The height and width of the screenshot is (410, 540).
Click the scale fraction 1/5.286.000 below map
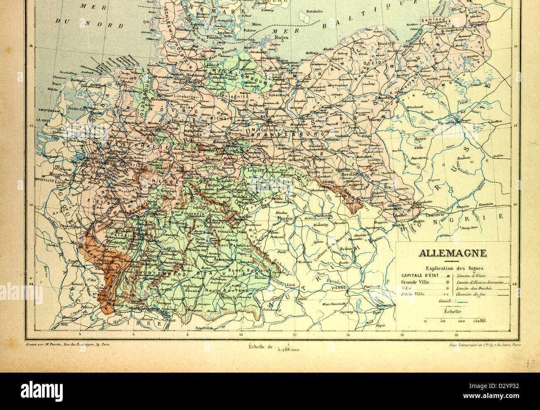[288, 348]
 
